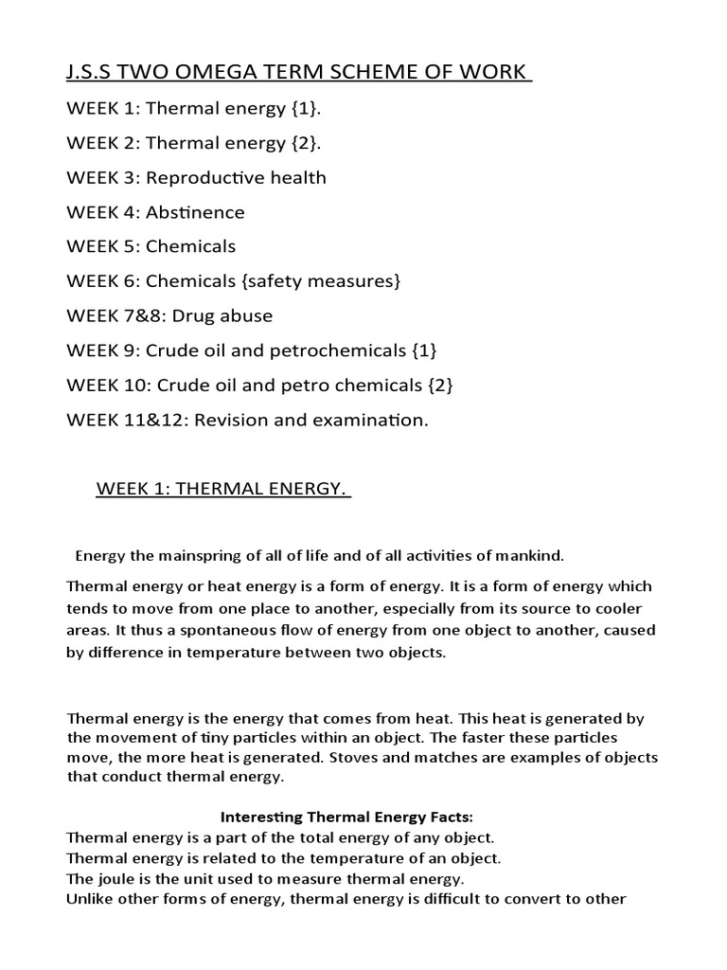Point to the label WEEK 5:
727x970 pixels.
point(104,246)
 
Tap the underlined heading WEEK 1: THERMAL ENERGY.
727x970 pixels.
point(223,489)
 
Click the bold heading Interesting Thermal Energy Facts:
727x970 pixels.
point(346,816)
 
